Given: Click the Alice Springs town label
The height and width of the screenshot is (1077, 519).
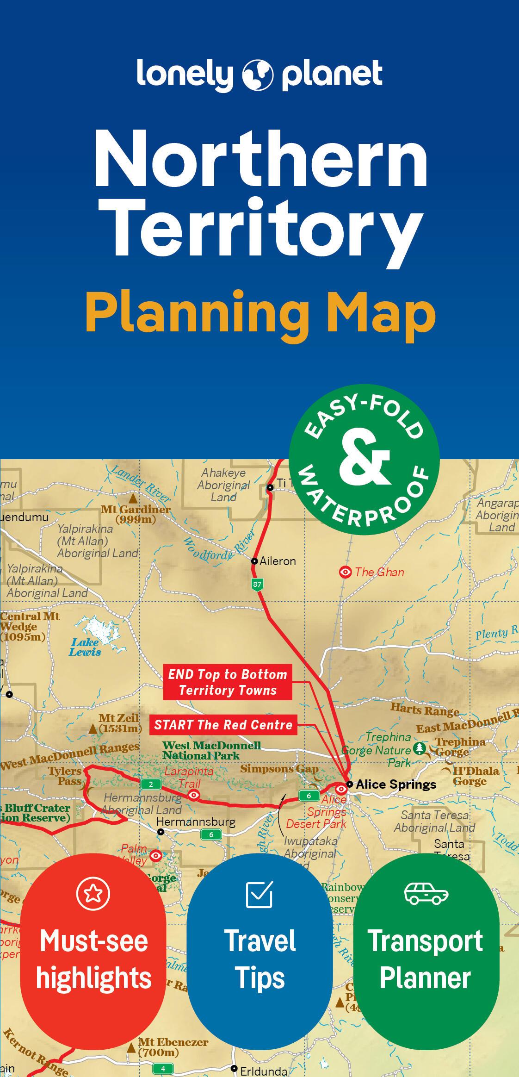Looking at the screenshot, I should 395,784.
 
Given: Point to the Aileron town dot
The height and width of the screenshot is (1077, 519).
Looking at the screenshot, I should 254,561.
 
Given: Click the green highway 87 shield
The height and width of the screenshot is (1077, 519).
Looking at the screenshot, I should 257,584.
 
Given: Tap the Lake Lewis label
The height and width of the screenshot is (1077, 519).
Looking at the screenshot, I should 85,647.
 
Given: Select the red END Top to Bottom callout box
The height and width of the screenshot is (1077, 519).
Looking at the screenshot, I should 228,682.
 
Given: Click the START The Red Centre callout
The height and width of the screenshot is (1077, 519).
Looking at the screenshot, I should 223,725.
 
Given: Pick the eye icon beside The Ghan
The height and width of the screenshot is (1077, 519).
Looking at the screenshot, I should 345,573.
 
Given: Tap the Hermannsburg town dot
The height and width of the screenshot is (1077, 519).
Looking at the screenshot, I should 161,832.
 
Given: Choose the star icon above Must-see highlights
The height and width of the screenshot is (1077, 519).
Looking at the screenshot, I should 93,893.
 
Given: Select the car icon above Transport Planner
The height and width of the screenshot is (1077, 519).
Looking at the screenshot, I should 426,893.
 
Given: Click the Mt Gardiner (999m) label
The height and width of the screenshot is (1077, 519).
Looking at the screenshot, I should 136,514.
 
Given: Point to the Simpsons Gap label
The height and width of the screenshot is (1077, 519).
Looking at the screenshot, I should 279,769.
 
